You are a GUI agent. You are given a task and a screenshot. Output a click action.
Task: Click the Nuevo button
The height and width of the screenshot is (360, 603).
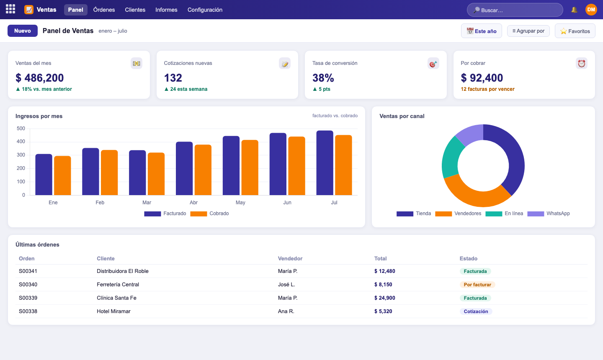point(23,31)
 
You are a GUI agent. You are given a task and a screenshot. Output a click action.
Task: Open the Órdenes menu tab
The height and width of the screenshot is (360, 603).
point(104,10)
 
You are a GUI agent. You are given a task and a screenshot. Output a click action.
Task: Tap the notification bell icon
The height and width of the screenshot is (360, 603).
point(574,10)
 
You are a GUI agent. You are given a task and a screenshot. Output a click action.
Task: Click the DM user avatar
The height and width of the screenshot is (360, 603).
point(591,10)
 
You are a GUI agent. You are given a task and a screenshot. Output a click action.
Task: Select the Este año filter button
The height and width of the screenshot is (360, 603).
point(481,31)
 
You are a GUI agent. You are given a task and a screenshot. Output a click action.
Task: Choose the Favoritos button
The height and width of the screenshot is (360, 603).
point(575,31)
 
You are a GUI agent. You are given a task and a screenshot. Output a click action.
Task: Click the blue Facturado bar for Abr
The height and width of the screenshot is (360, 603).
point(184,168)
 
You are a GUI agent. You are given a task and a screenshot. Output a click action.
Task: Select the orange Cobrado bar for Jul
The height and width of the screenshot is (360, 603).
point(343,165)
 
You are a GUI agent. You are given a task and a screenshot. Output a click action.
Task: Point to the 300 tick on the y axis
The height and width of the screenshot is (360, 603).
point(21,155)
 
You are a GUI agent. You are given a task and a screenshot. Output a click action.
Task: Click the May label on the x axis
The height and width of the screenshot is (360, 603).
point(240,203)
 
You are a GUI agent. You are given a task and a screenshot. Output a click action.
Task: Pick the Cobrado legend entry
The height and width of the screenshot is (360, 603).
point(209,213)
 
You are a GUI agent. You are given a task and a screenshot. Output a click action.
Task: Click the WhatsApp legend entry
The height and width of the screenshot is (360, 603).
point(549,213)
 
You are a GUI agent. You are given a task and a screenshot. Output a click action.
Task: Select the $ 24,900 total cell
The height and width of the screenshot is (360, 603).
point(385,298)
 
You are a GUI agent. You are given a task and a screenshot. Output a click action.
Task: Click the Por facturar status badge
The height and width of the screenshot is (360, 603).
point(477,285)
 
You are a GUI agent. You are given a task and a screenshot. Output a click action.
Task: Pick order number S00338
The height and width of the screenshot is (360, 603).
point(28,311)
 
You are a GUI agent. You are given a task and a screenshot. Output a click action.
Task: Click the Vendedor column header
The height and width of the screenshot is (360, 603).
point(290,259)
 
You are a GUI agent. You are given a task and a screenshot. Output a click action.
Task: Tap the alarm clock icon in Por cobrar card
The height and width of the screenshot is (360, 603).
point(582,64)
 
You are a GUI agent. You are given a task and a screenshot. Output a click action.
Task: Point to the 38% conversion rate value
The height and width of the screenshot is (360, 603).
point(323,78)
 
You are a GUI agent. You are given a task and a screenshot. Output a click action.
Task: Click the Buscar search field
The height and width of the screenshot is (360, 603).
point(515,10)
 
